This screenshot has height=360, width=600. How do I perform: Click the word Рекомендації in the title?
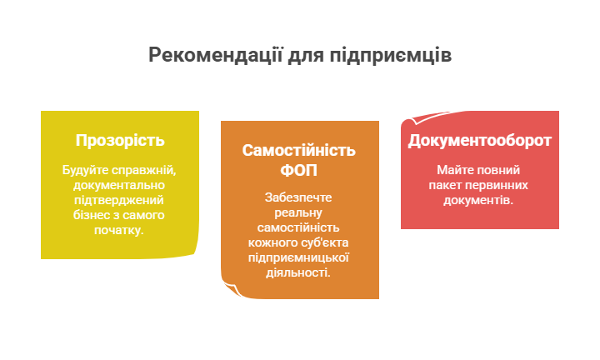pyautogui.click(x=216, y=55)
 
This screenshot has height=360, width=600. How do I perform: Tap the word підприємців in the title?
pyautogui.click(x=390, y=56)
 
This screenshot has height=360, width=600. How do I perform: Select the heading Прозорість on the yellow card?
pyautogui.click(x=120, y=141)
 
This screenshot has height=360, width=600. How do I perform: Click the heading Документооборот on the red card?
pyautogui.click(x=479, y=141)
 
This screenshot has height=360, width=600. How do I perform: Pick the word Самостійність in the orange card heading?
pyautogui.click(x=299, y=150)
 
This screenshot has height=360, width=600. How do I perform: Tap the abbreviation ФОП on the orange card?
pyautogui.click(x=299, y=170)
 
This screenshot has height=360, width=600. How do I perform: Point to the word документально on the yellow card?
pyautogui.click(x=119, y=185)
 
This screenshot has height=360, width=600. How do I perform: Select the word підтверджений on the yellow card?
pyautogui.click(x=119, y=201)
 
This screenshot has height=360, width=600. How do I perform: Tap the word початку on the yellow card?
pyautogui.click(x=117, y=230)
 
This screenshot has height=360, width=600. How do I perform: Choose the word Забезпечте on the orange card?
pyautogui.click(x=298, y=197)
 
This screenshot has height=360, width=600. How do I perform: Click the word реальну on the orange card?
pyautogui.click(x=298, y=212)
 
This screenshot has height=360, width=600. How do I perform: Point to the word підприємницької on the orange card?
pyautogui.click(x=298, y=257)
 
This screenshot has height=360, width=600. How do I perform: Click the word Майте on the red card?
pyautogui.click(x=454, y=170)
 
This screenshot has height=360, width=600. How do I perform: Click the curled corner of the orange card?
pyautogui.click(x=232, y=289)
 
